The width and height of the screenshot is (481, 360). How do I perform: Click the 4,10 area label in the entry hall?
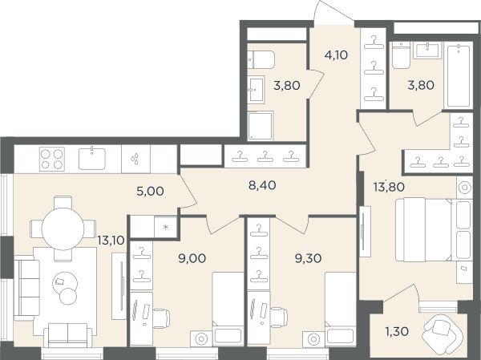[x=336, y=55]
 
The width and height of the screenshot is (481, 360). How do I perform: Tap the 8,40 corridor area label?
[x=262, y=185]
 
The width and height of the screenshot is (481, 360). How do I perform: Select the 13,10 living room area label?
[x=111, y=241]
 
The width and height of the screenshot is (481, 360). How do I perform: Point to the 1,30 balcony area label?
[x=397, y=331]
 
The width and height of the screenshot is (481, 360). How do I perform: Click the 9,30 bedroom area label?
[x=308, y=258]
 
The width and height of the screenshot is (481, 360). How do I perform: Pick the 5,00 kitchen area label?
[x=150, y=191]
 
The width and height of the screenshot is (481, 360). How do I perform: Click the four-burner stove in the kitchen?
[x=52, y=159]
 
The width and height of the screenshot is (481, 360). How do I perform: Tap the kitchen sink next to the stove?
[x=92, y=159]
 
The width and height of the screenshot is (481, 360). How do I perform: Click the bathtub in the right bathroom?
[x=459, y=76]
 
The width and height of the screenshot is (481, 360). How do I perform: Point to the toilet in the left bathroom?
[x=261, y=59]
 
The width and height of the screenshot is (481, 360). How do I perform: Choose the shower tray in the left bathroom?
[x=260, y=126]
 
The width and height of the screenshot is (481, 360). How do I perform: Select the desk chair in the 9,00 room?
[x=161, y=318]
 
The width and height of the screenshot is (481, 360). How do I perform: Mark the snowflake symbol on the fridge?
[x=166, y=227]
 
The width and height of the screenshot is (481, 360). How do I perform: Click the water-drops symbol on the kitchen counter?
[x=135, y=159]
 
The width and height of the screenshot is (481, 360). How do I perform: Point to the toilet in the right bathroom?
[x=402, y=55]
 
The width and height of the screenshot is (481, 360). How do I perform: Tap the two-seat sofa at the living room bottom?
[x=68, y=335]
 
